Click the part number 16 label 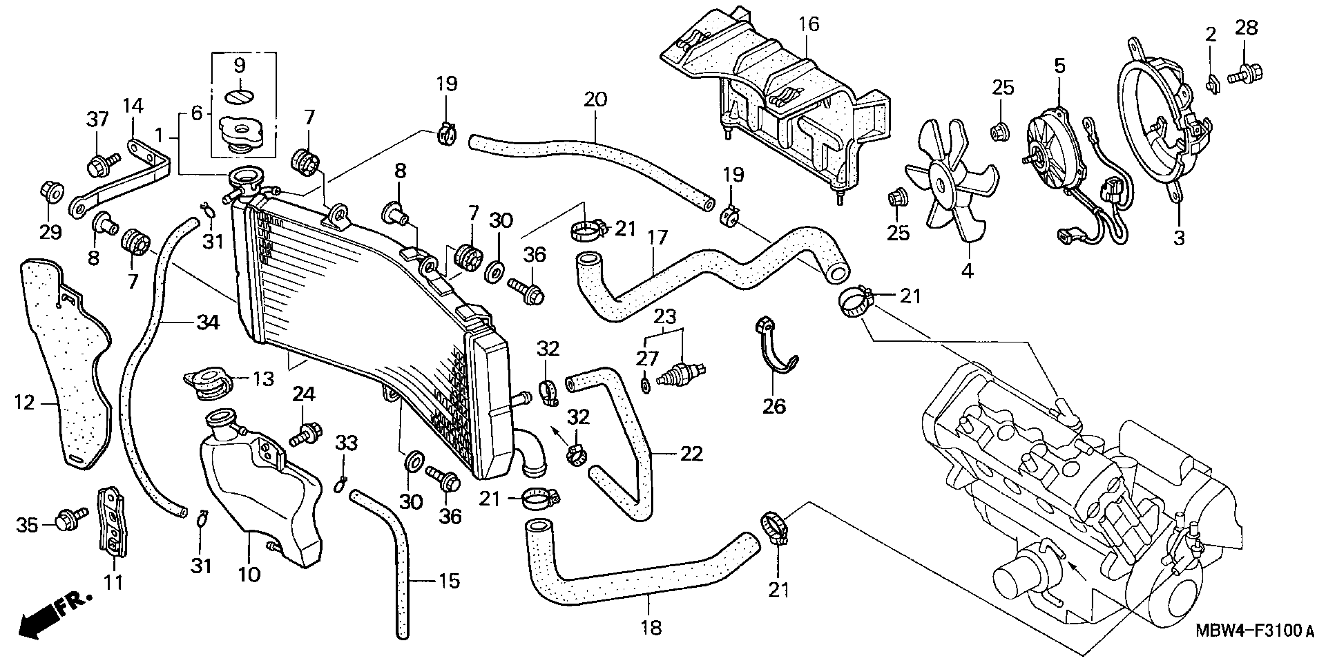(809, 24)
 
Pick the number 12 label (24, 402)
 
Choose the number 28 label (1246, 27)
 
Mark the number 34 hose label (207, 323)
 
